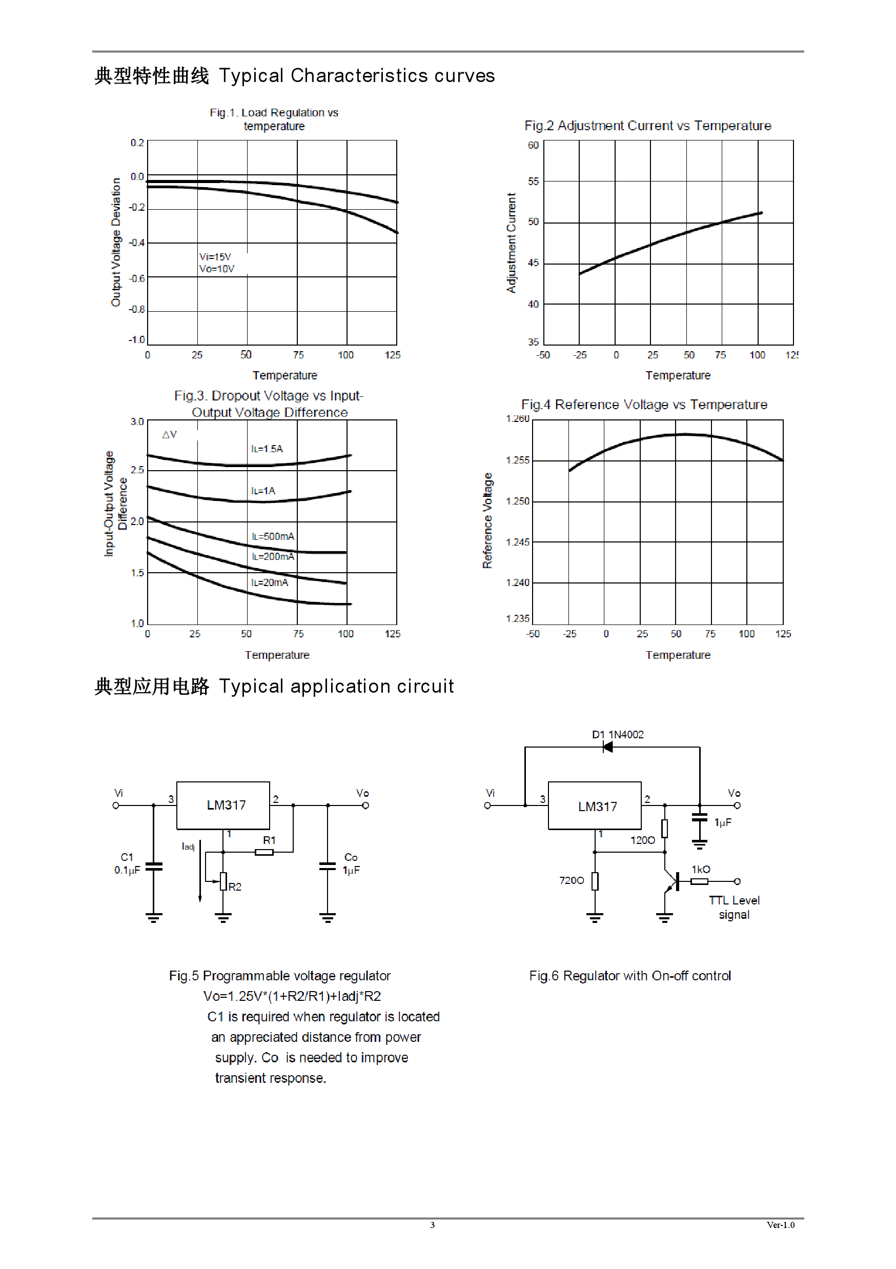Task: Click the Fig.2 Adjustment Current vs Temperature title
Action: tap(647, 126)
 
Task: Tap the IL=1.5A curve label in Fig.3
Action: tap(267, 449)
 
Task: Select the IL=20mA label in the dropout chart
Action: tap(270, 582)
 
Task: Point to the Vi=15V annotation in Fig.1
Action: tap(215, 257)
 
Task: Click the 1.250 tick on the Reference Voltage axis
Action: tap(517, 501)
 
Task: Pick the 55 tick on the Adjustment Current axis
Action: tap(533, 182)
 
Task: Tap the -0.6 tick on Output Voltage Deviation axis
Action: tap(136, 278)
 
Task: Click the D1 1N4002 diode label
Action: tap(618, 735)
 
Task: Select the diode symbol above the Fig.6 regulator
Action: tap(607, 747)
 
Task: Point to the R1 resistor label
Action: tap(269, 840)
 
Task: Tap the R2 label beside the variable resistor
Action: tap(235, 887)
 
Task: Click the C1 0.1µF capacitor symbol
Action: tap(154, 866)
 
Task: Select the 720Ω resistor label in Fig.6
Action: tap(571, 880)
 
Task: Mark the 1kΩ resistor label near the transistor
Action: tap(701, 870)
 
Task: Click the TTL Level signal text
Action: tap(734, 907)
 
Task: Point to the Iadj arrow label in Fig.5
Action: tap(188, 846)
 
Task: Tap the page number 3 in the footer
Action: tap(433, 1225)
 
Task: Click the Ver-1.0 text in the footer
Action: tap(781, 1225)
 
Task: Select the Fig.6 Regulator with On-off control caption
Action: tap(630, 976)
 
